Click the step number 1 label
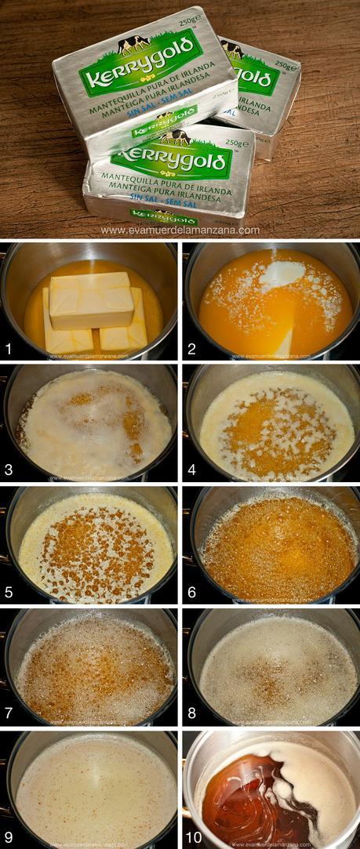pyautogui.click(x=9, y=346)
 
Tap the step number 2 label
pyautogui.click(x=191, y=346)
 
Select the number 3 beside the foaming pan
pyautogui.click(x=9, y=469)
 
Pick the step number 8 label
pyautogui.click(x=191, y=713)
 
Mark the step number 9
pyautogui.click(x=9, y=836)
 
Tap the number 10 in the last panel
pyautogui.click(x=194, y=836)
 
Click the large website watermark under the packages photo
pyautogui.click(x=180, y=230)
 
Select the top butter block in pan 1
pyautogui.click(x=91, y=299)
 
